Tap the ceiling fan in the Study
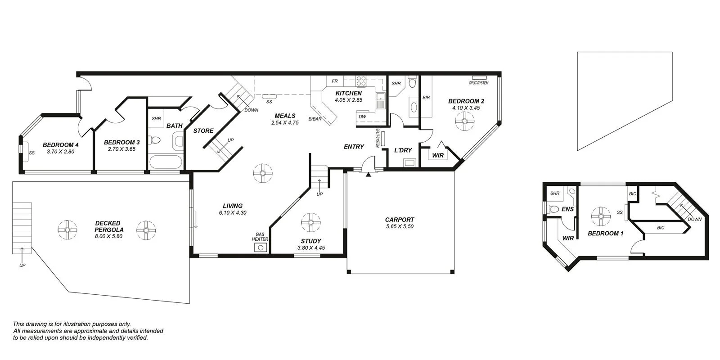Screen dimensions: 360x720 tap(310, 221)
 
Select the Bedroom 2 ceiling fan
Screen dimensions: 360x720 tap(464, 121)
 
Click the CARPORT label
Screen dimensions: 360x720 tap(399, 220)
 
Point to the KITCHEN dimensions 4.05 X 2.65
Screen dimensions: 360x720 tap(348, 100)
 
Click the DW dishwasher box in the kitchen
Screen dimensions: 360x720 tap(362, 117)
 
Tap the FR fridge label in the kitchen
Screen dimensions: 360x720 tap(334, 81)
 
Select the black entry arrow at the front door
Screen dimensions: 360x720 tap(369, 175)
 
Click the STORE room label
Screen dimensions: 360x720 tap(203, 131)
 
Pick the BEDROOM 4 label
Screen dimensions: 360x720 tap(61, 145)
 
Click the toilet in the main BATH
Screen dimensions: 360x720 tap(155, 140)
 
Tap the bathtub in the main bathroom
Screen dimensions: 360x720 tap(165, 162)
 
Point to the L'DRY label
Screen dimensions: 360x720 tap(403, 150)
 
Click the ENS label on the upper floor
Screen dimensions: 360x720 tap(567, 209)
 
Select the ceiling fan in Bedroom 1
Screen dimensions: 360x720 tap(600, 216)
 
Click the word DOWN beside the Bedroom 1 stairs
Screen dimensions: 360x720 tap(694, 220)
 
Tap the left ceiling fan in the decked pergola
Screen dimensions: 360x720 tap(67, 230)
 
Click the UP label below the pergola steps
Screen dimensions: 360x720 tap(22, 265)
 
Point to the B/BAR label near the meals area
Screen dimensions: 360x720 tap(315, 119)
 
